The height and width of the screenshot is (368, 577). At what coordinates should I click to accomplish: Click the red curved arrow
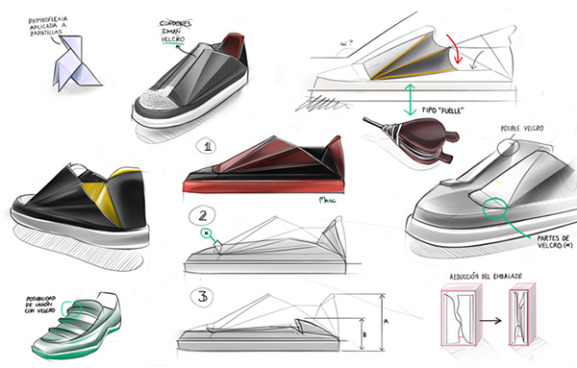coord(464,49)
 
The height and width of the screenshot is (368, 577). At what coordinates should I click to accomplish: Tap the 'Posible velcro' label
coord(525,128)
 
